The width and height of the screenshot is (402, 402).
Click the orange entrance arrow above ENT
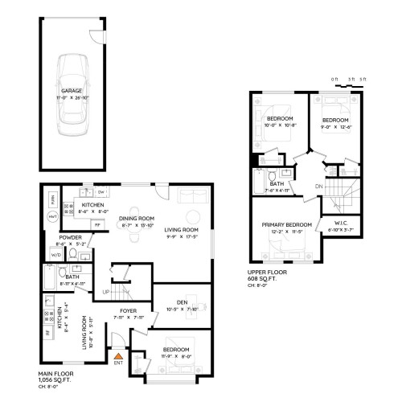tap(118, 355)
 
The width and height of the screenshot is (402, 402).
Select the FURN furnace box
tap(53, 198)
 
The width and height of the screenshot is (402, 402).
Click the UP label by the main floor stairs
tap(105, 292)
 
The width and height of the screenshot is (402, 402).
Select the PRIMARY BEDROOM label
tap(287, 225)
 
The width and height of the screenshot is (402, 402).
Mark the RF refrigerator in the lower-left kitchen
tap(47, 331)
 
